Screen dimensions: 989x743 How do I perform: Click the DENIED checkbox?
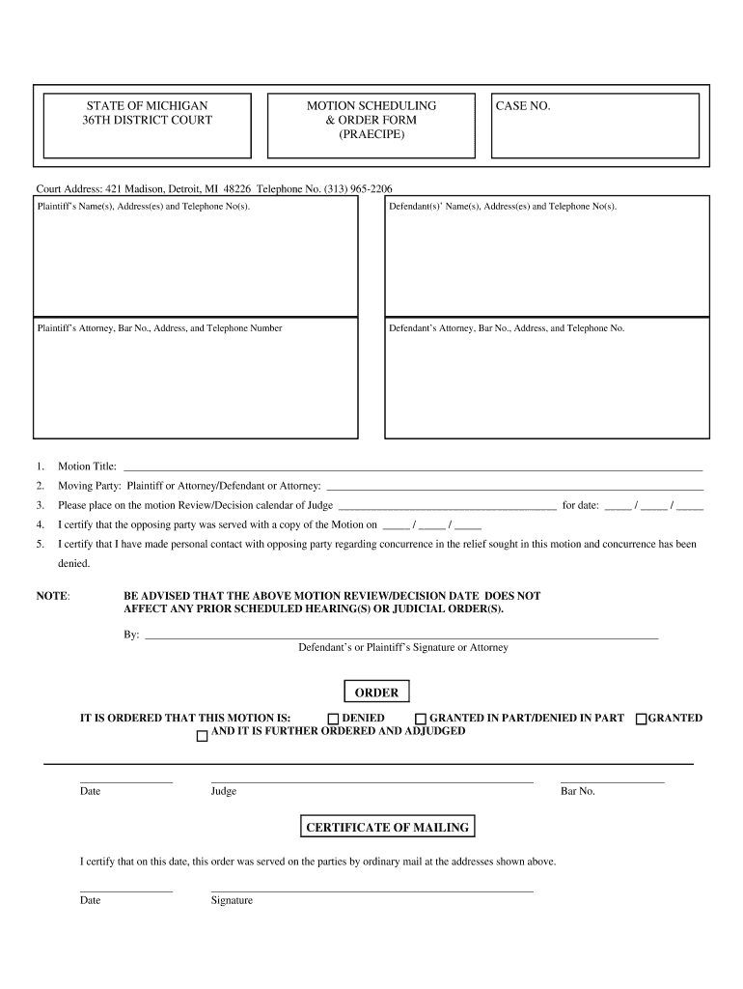pyautogui.click(x=333, y=719)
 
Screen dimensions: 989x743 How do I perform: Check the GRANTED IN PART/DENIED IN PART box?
pyautogui.click(x=421, y=719)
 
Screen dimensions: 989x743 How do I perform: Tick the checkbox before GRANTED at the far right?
pyautogui.click(x=641, y=719)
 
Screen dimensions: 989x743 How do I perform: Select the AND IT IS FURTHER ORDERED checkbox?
pyautogui.click(x=202, y=736)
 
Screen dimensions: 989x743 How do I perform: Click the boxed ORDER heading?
pyautogui.click(x=376, y=692)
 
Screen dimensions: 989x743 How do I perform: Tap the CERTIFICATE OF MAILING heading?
pyautogui.click(x=387, y=828)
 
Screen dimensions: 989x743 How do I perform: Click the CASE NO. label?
pyautogui.click(x=523, y=105)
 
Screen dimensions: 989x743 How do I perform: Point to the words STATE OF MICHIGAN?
pyautogui.click(x=148, y=105)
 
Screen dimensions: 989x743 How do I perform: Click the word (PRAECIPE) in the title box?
pyautogui.click(x=371, y=134)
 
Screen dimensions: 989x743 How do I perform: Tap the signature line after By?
pyautogui.click(x=400, y=636)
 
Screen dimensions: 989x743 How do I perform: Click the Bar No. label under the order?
pyautogui.click(x=578, y=791)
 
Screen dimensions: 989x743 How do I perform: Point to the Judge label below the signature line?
pyautogui.click(x=223, y=791)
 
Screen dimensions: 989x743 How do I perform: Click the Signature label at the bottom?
pyautogui.click(x=232, y=900)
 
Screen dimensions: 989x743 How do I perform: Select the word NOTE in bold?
pyautogui.click(x=52, y=596)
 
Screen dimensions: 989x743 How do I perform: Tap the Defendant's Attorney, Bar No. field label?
pyautogui.click(x=507, y=328)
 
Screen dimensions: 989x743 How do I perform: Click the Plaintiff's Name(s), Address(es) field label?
pyautogui.click(x=143, y=207)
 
